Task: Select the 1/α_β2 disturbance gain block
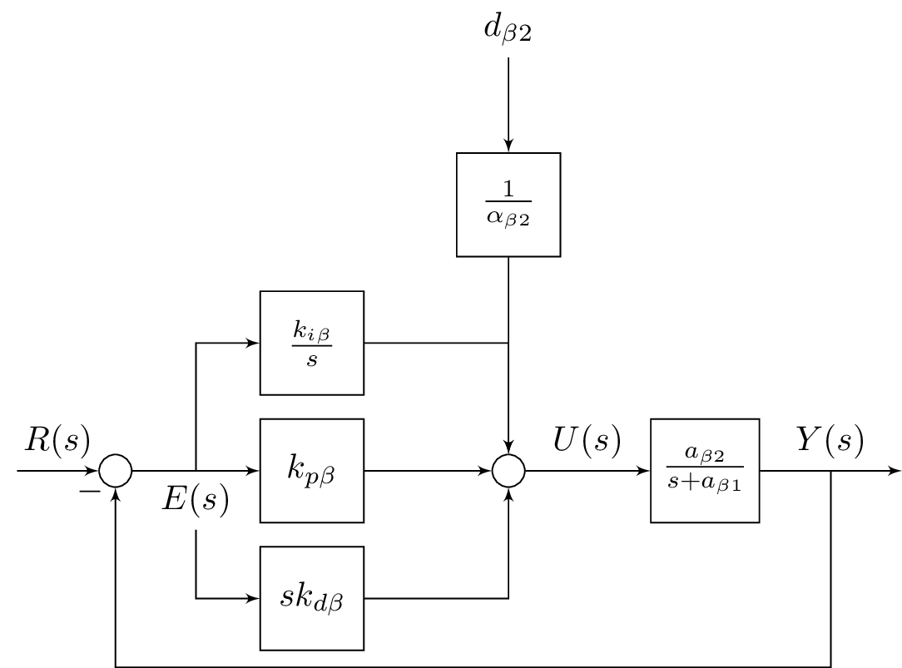click(x=508, y=205)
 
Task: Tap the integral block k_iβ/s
click(x=312, y=343)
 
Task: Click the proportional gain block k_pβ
click(x=312, y=471)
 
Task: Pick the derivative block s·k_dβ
click(x=312, y=598)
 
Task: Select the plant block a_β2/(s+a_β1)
click(x=705, y=471)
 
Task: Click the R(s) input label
click(x=57, y=439)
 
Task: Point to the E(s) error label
click(x=195, y=499)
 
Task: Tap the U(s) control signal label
click(x=587, y=439)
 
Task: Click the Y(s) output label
click(x=830, y=439)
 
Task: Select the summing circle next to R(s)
click(x=116, y=471)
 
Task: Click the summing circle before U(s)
click(x=508, y=471)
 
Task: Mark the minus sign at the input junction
click(x=89, y=492)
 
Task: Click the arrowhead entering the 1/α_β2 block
click(x=508, y=146)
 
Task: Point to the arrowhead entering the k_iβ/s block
click(x=253, y=343)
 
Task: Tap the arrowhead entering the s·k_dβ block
click(x=253, y=598)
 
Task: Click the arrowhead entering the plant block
click(x=644, y=471)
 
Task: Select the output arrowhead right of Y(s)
click(x=895, y=471)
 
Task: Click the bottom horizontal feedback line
click(x=473, y=666)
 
